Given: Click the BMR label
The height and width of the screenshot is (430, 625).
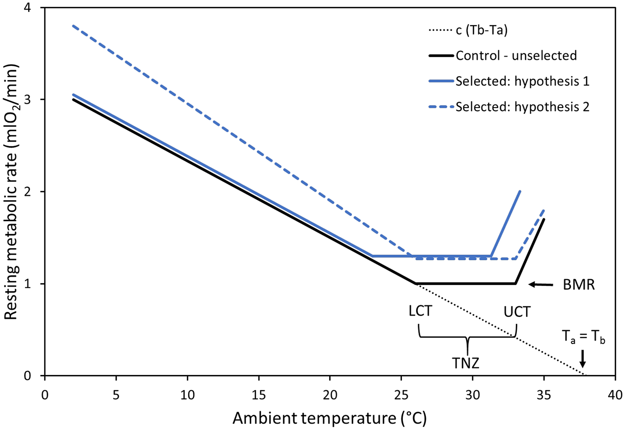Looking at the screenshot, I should pos(579,285).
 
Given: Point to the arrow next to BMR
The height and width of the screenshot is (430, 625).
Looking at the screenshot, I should pos(541,285).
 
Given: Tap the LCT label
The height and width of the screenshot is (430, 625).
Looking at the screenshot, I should pos(420,312).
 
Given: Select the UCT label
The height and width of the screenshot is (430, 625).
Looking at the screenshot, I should pos(517,312).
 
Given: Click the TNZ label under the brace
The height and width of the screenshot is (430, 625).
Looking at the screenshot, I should pos(466,363).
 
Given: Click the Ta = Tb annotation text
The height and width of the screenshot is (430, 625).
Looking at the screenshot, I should pos(583,337).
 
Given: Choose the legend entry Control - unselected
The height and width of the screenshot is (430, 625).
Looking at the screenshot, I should pos(516,55).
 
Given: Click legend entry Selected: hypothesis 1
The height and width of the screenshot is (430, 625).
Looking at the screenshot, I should pos(522,81).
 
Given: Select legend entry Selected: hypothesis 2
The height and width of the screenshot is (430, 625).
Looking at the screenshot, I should pos(522,107).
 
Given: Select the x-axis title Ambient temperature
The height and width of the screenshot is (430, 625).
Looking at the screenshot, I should pos(329,418).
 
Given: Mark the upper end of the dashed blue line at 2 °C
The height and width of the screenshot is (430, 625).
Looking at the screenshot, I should pos(73,26).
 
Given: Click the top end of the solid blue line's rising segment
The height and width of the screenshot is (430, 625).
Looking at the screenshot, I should pos(520,191).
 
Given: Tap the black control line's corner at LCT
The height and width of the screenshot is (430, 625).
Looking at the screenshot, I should pos(415,283).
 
